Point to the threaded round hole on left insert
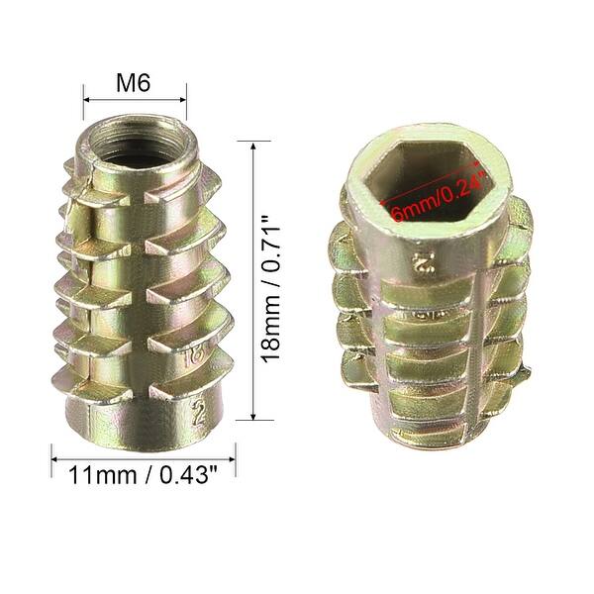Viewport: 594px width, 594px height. [135, 139]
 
